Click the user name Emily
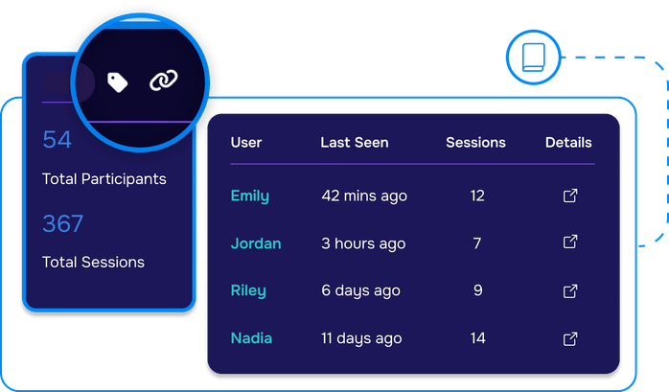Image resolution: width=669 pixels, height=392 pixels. click(x=249, y=196)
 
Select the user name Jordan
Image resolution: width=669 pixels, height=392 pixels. click(x=256, y=243)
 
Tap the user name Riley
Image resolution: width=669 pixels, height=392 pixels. click(x=248, y=290)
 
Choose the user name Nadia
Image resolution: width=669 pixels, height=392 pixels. click(x=251, y=337)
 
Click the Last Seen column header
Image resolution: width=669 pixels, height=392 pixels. click(x=355, y=143)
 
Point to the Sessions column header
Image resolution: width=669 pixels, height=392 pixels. click(x=475, y=143)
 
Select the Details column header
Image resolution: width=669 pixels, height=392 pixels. click(x=568, y=143)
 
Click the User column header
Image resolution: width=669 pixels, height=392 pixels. click(x=246, y=143)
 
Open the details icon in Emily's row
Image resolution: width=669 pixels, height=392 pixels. click(x=569, y=196)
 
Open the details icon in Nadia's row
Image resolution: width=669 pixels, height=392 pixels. click(x=569, y=337)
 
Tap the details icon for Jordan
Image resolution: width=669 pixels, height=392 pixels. click(x=569, y=242)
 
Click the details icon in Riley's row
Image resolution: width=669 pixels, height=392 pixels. click(x=569, y=289)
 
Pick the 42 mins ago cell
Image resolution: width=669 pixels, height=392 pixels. click(x=364, y=196)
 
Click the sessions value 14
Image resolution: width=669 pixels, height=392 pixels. click(x=477, y=337)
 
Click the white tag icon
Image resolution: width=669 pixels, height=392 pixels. click(x=118, y=83)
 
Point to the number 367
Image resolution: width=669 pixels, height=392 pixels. click(x=63, y=223)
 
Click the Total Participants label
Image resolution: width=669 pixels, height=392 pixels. click(x=104, y=179)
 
